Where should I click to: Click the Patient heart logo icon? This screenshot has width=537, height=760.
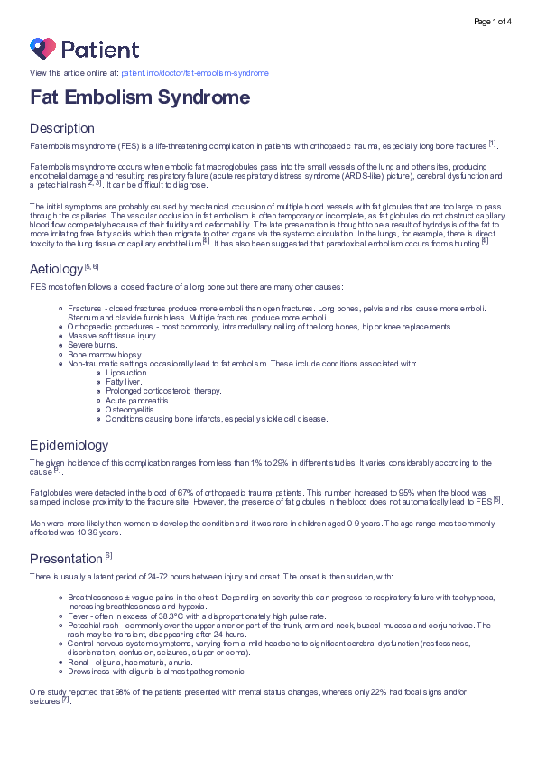(x=42, y=48)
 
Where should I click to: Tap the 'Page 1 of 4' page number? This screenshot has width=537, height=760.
(x=492, y=21)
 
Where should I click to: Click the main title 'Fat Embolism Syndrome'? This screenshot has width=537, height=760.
(x=140, y=97)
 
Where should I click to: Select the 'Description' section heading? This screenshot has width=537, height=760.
(x=62, y=128)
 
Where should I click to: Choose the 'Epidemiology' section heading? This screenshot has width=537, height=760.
(x=69, y=445)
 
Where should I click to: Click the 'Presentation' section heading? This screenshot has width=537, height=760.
(x=67, y=559)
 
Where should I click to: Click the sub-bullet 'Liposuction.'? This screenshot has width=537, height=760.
(x=127, y=372)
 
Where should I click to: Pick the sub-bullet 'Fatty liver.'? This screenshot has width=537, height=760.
(x=125, y=381)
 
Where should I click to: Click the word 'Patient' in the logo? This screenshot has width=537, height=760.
(x=100, y=49)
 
